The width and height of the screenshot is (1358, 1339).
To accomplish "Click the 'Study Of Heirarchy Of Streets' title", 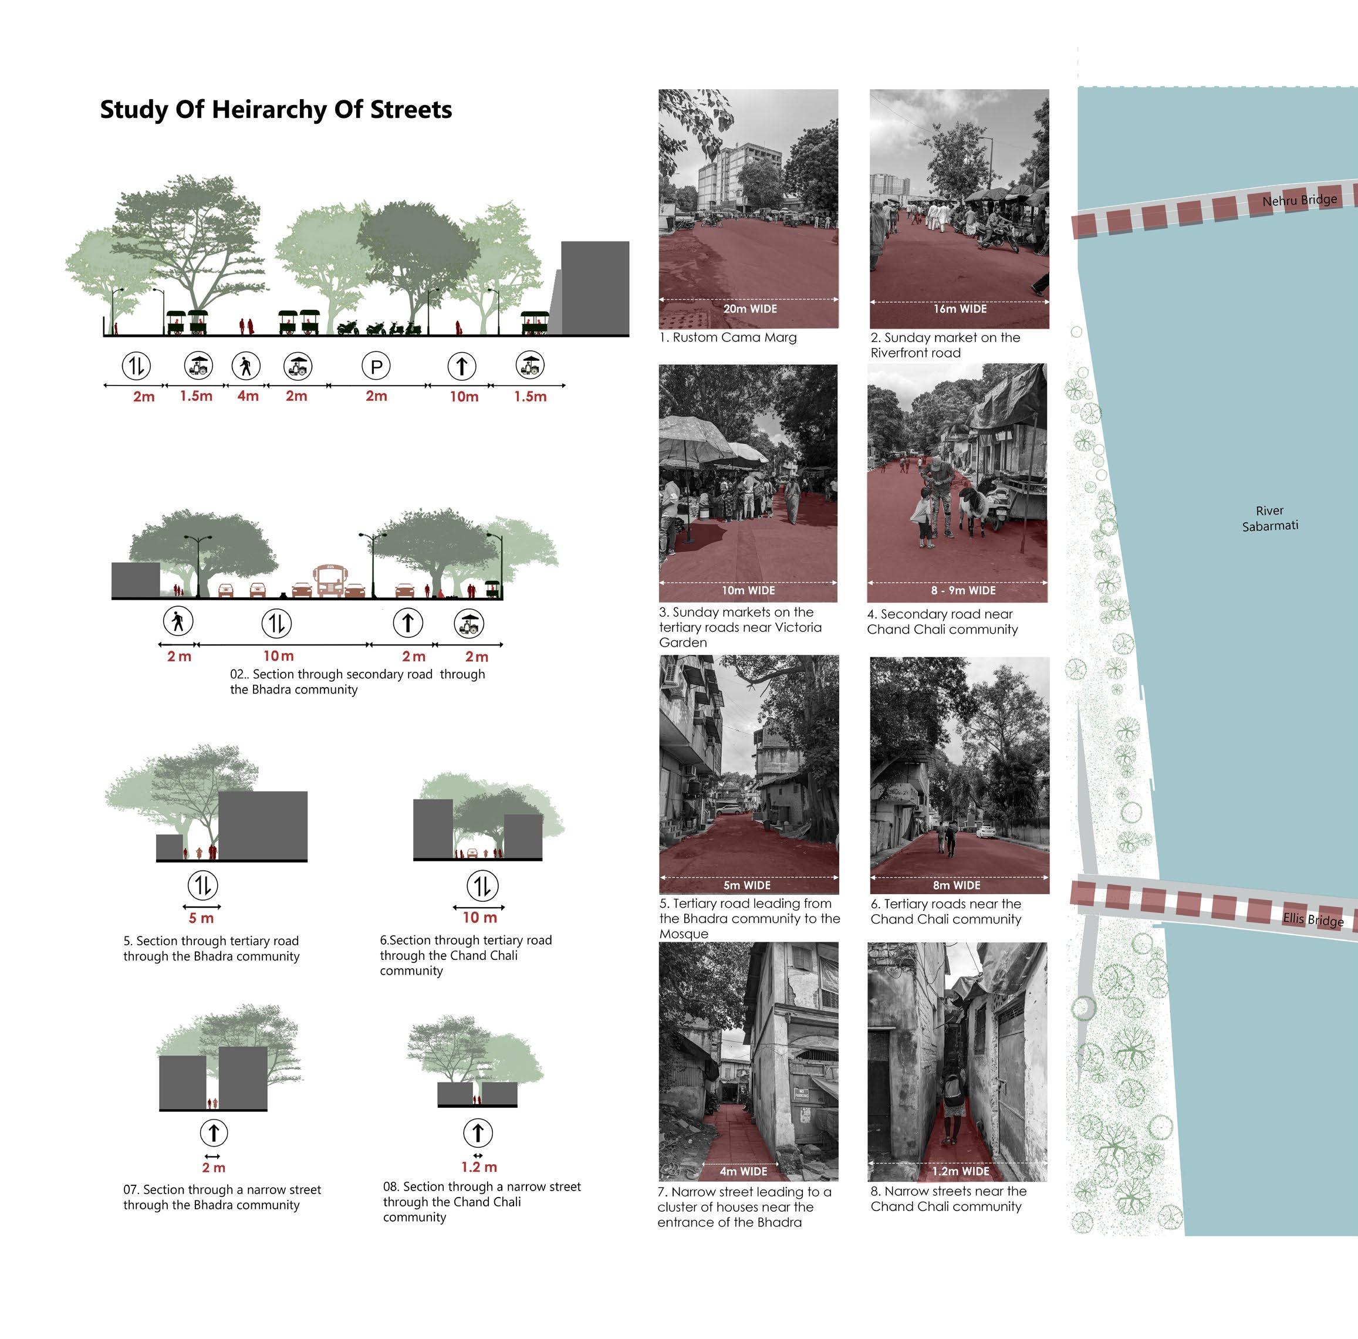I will click(276, 110).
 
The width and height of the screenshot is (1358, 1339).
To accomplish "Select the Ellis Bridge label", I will click(1312, 919).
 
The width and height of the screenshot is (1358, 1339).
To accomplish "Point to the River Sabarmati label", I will click(1269, 518).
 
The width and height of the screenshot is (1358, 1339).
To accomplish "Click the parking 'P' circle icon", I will click(376, 366).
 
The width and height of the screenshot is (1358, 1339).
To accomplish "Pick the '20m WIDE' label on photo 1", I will click(749, 309).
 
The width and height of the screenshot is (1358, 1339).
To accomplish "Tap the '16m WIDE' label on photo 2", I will click(960, 309).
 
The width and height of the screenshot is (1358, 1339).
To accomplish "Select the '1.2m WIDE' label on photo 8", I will click(960, 1171).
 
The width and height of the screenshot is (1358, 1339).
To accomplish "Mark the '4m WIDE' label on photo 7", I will click(743, 1171).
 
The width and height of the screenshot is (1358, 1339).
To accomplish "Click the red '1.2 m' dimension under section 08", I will click(479, 1168).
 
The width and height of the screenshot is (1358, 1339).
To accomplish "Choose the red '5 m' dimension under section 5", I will click(201, 918).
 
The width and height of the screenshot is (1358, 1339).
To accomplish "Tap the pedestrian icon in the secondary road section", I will click(177, 621).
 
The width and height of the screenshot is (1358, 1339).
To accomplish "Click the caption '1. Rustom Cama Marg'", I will click(728, 337).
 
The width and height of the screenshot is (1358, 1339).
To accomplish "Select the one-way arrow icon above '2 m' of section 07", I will click(214, 1133).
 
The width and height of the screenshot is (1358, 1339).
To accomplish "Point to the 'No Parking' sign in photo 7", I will click(801, 1094).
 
